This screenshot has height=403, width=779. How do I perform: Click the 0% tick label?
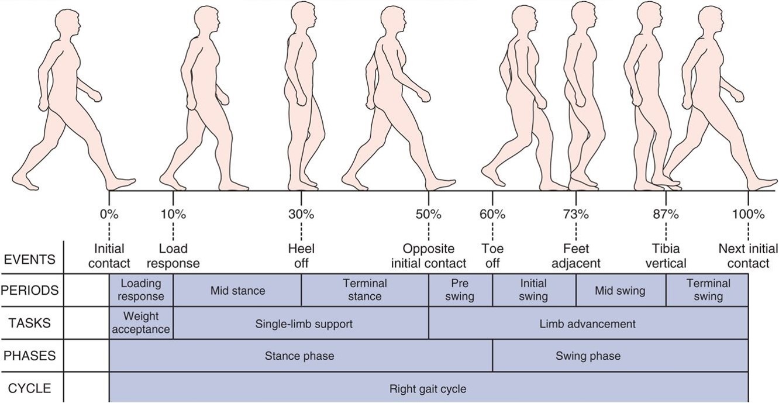pos(109,214)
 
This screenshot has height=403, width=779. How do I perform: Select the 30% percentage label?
pos(301,214)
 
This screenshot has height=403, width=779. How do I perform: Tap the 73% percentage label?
pos(576,214)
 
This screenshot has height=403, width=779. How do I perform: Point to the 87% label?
pos(666,214)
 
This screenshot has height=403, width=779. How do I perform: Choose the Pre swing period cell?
pos(460,290)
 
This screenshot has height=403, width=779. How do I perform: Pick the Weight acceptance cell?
pos(142,323)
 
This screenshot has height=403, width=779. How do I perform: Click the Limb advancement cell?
pos(588,323)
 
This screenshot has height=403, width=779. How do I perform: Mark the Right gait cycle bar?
pos(428,388)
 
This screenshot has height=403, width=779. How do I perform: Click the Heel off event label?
pos(301,256)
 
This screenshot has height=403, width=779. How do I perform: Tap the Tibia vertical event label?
pos(666,256)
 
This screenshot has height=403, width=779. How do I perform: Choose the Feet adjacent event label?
pos(576,256)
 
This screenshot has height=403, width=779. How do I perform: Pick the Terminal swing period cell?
pos(708,290)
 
